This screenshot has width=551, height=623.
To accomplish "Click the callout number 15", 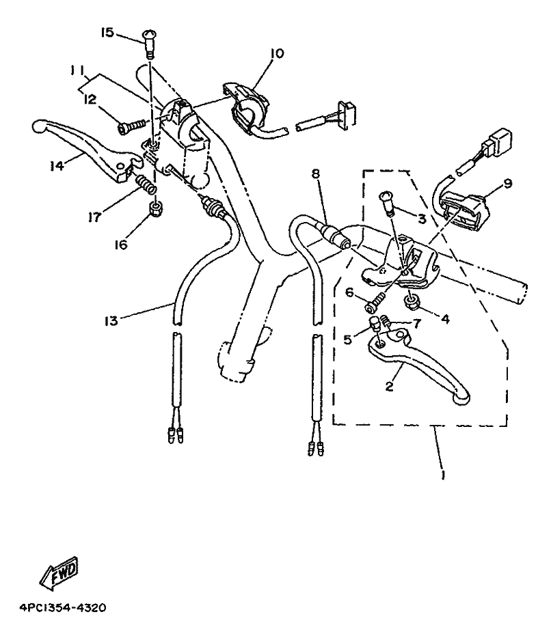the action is [x=107, y=33].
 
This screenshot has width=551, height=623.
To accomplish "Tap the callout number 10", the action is [x=277, y=53].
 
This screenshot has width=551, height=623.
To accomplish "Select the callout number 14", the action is [x=57, y=166].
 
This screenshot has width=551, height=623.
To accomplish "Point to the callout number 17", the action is [x=94, y=217].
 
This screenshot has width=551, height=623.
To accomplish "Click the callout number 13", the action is [x=111, y=320].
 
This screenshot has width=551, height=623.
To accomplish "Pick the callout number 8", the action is [x=316, y=174].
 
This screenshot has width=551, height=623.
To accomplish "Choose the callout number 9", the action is [x=508, y=184].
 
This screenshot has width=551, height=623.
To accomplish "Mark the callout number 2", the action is [x=389, y=386].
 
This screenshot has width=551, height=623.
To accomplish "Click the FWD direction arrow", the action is [x=59, y=573].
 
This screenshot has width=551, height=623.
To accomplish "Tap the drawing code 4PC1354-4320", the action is [x=63, y=607].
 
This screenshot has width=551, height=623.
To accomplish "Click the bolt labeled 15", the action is [x=148, y=44].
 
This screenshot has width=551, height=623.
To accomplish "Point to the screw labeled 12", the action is [x=131, y=126].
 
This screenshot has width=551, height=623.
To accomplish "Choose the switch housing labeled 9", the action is [x=463, y=208].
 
